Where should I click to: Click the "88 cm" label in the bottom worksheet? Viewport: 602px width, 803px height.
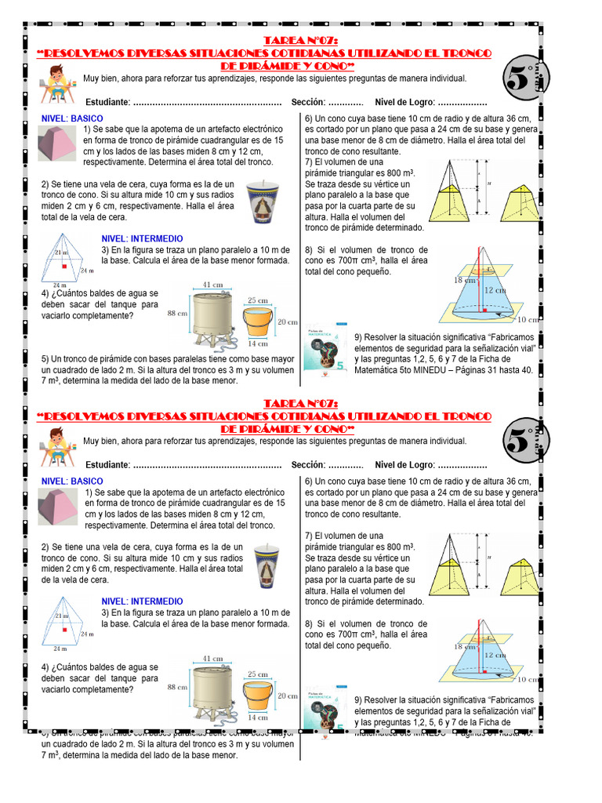[176, 687]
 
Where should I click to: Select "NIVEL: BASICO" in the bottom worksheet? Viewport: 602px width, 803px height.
[72, 481]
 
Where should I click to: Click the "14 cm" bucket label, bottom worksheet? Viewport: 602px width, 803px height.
[258, 717]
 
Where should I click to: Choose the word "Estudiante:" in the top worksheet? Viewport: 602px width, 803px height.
[107, 103]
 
